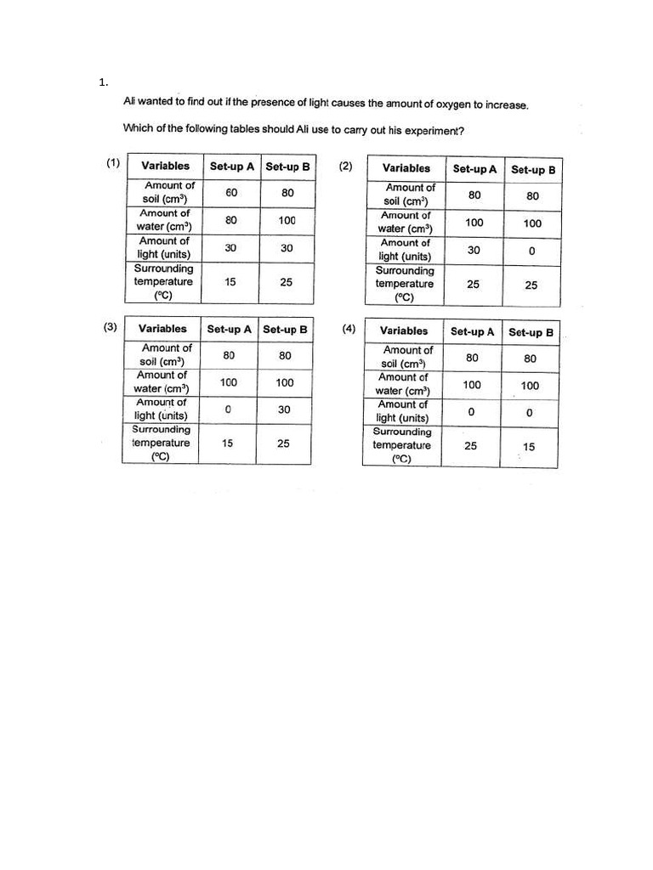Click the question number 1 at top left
coord(103,82)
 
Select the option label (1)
coord(112,163)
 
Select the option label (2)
coord(345,166)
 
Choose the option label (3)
coord(111,326)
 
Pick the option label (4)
coord(349,329)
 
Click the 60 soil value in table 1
coord(231,193)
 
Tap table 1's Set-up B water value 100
coord(287,221)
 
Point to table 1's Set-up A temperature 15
coord(230,282)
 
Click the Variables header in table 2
coord(406,168)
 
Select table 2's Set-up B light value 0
coord(531,251)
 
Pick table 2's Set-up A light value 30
coord(474,251)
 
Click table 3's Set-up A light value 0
coord(228,410)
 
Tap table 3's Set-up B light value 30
coord(284,410)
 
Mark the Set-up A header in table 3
coord(229,330)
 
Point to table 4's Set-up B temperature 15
coord(529,447)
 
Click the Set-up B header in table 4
coord(531,333)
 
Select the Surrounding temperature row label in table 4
coord(401,445)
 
